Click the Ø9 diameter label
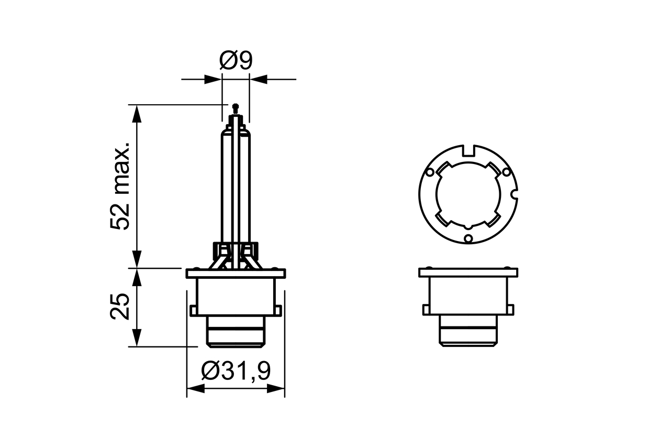point(236,61)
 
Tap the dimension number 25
point(120,307)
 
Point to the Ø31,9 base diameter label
point(236,371)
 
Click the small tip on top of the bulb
point(235,107)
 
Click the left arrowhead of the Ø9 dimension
point(213,80)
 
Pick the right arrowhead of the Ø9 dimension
point(259,80)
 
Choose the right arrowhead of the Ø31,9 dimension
point(275,388)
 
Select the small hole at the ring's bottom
point(468,239)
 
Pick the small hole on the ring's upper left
point(430,172)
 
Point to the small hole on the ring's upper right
point(506,172)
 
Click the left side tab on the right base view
point(426,310)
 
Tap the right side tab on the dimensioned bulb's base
point(280,310)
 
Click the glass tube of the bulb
point(236,183)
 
